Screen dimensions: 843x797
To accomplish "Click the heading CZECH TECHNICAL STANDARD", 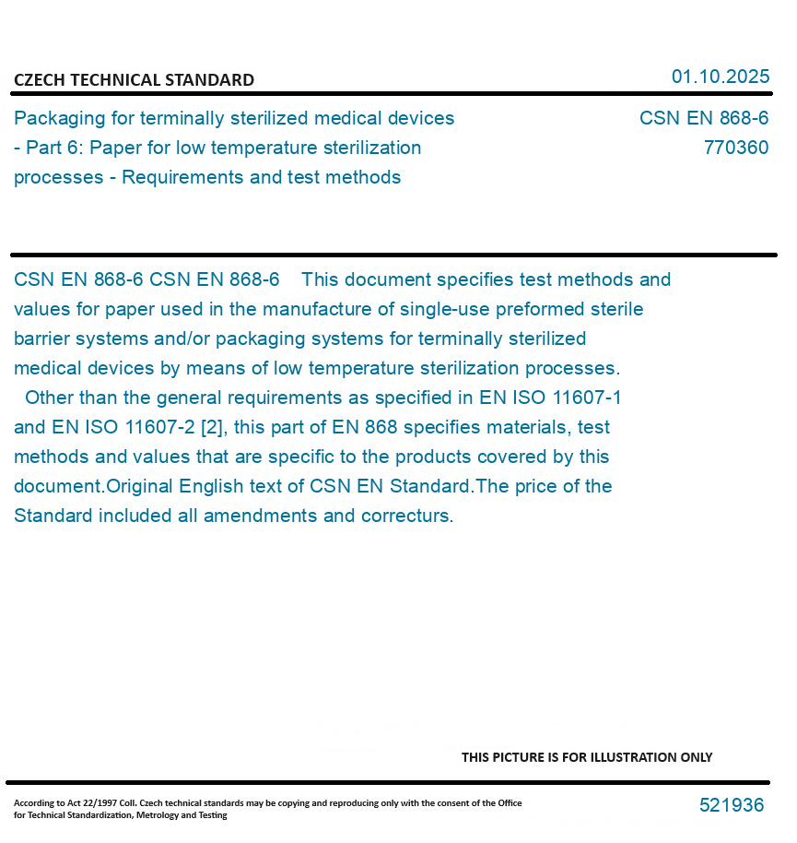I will tap(134, 80).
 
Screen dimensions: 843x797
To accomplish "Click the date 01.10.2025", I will tap(720, 77).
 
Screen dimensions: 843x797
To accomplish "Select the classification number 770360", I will tap(735, 148).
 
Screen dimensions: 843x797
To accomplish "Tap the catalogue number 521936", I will tap(731, 805).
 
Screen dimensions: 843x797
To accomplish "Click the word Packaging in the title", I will tap(60, 119).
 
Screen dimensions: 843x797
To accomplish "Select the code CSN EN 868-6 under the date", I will tap(703, 119).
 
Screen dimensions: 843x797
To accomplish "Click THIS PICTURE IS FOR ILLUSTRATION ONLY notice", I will tap(586, 757).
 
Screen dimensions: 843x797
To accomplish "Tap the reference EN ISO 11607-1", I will tap(551, 398).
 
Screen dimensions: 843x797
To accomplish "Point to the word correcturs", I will tap(407, 516).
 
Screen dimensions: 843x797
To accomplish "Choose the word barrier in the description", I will tap(44, 338).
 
